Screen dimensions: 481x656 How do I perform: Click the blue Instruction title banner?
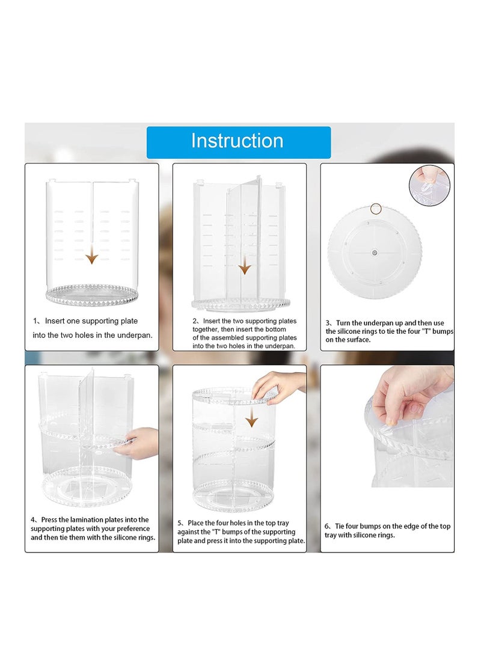click(x=239, y=143)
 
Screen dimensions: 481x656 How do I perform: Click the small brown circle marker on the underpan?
click(x=376, y=209)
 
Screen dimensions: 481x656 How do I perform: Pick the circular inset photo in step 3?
click(x=429, y=185)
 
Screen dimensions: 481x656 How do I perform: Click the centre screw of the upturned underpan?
click(x=374, y=253)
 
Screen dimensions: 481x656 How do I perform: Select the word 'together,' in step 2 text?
click(x=206, y=330)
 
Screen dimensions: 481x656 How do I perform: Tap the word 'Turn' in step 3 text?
click(x=343, y=323)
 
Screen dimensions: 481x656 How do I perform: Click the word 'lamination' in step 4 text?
click(x=87, y=520)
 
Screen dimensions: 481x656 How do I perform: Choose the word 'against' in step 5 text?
click(x=188, y=532)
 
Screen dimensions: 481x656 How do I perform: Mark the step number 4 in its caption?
click(x=33, y=520)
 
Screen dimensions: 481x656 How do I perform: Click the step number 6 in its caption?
click(x=327, y=526)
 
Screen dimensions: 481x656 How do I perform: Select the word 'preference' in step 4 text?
click(x=133, y=529)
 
